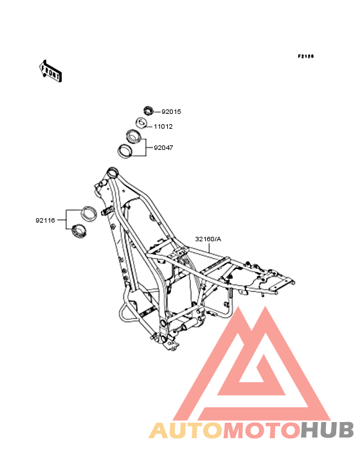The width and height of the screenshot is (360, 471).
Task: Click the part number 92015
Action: tap(171, 112)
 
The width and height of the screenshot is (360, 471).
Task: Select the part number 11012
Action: tap(163, 127)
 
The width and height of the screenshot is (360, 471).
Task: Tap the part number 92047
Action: tap(163, 148)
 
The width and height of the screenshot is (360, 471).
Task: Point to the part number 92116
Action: tap(45, 221)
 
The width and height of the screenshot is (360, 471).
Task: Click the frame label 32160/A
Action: tap(208, 239)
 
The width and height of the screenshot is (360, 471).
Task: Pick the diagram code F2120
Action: tap(306, 56)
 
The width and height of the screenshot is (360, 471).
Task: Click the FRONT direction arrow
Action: tap(50, 71)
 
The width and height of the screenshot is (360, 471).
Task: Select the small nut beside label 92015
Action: tap(148, 111)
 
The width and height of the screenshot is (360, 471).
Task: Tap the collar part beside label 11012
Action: tap(141, 123)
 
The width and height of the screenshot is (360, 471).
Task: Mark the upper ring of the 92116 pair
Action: tap(89, 213)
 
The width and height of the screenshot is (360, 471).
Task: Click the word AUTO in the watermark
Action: tap(186, 430)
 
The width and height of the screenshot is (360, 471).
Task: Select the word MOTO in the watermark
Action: tap(262, 430)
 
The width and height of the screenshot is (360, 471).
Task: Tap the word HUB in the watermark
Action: tap(327, 430)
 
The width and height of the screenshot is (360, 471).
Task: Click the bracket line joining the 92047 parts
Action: tap(146, 147)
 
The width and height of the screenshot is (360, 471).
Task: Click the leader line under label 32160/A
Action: tap(210, 248)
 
